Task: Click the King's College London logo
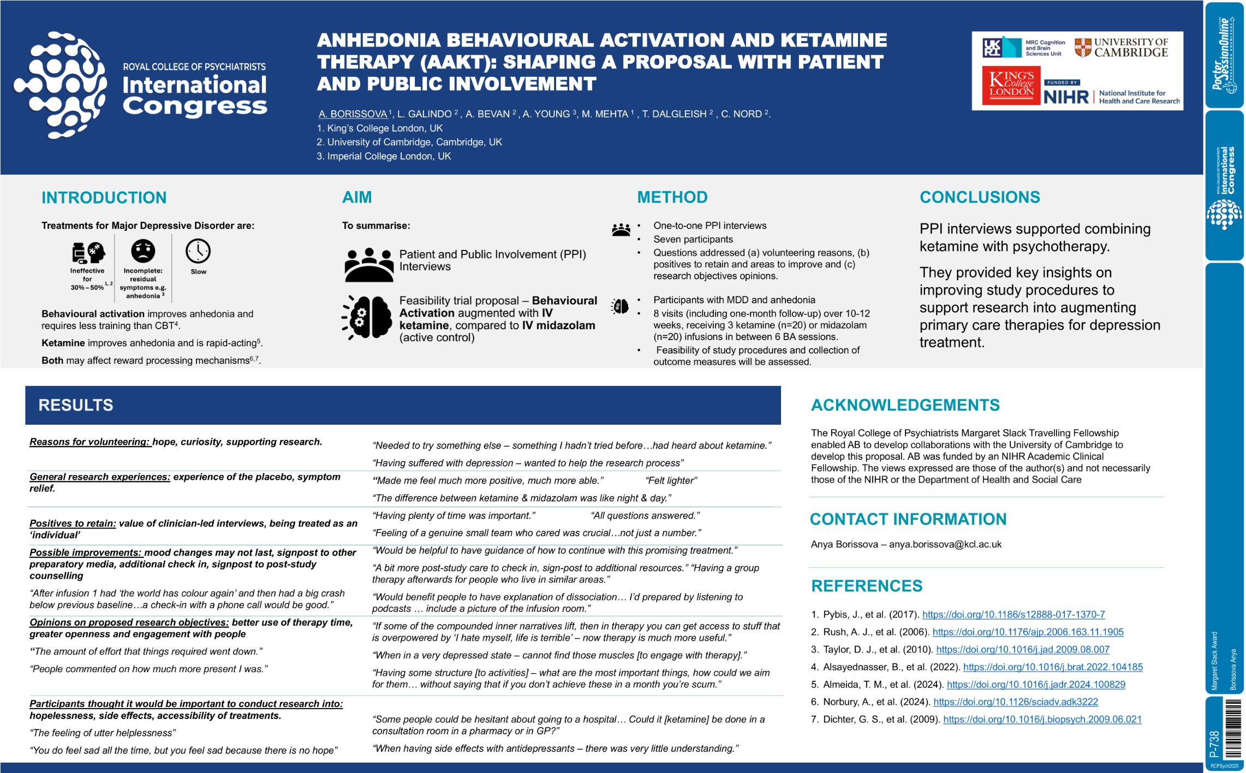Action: [x=1011, y=85]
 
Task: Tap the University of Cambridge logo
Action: [x=1122, y=47]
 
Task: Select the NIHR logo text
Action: [x=1065, y=97]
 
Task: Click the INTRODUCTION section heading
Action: [x=104, y=198]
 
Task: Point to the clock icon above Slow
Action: [x=198, y=251]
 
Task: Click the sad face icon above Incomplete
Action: [x=143, y=251]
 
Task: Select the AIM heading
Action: [x=357, y=197]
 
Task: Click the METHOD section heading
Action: [x=672, y=197]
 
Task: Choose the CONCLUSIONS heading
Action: [x=980, y=197]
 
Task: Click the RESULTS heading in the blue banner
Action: [x=76, y=405]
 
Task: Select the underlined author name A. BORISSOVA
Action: [x=353, y=114]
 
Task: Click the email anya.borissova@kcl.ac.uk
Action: [x=945, y=544]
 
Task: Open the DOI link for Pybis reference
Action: [x=1014, y=615]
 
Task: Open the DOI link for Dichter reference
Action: [x=1042, y=720]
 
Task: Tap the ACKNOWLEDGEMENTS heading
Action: [x=905, y=405]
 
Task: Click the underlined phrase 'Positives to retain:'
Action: [x=73, y=524]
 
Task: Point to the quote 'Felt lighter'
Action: [x=671, y=481]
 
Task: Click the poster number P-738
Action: [x=1214, y=743]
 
